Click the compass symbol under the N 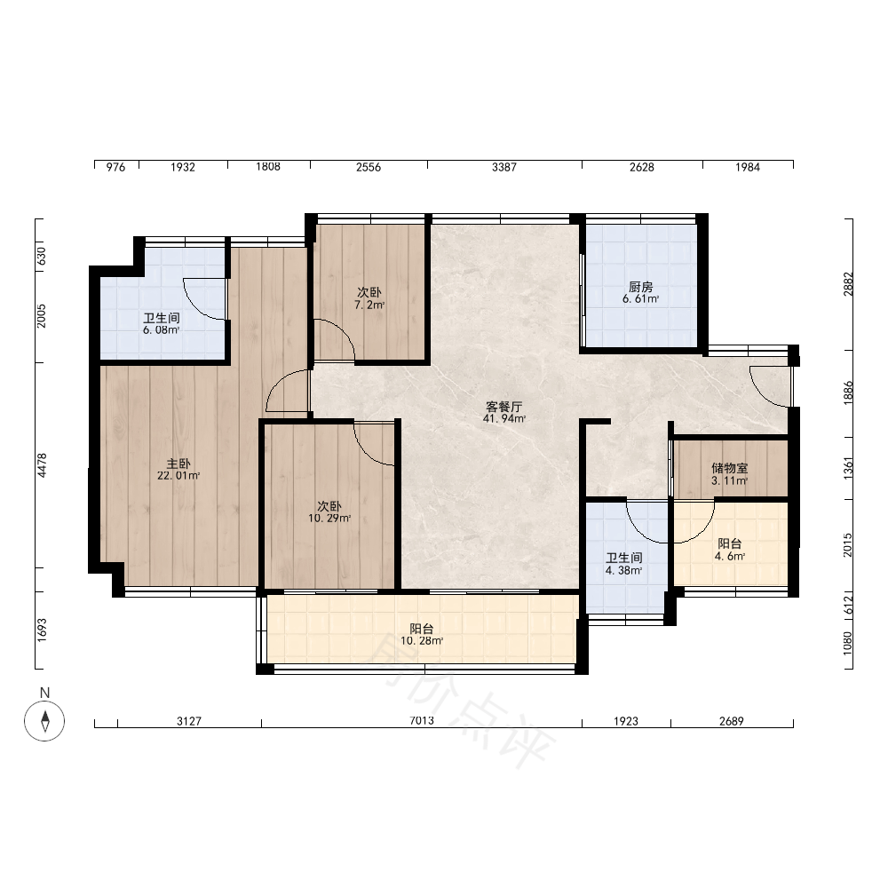point(44,721)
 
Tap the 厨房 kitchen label point(640,287)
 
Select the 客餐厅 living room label point(503,407)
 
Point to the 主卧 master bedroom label point(178,464)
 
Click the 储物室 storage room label point(729,468)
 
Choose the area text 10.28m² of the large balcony point(422,641)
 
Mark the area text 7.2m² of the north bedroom point(369,305)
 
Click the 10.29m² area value point(329,519)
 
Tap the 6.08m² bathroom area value point(162,330)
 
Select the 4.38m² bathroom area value point(623,570)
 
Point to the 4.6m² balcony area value point(729,556)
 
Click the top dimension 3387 point(504,167)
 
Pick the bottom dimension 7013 point(422,721)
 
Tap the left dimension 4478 point(42,465)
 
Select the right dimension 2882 point(848,284)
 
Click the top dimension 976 point(115,167)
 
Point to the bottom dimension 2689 point(731,721)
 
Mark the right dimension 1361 point(848,468)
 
